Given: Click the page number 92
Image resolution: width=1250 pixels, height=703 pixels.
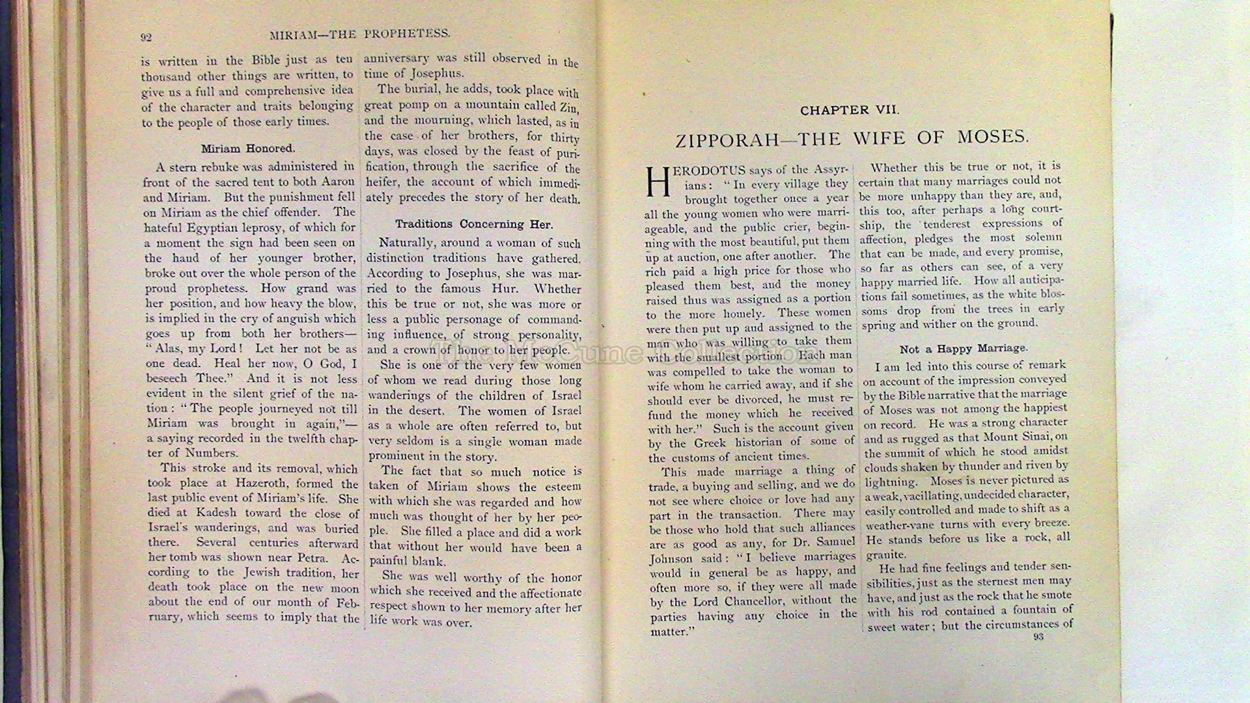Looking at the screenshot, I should pos(146,37).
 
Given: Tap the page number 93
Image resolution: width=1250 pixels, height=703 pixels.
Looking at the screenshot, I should pos(1038,637).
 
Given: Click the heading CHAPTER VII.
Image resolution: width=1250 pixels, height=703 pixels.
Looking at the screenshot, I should pos(850,111).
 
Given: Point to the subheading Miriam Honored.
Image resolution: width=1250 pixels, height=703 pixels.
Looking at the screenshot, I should pos(247,148).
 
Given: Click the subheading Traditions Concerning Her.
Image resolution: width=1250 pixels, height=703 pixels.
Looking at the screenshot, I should pos(473,225).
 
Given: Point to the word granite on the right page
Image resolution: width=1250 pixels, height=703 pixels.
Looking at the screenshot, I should pos(885,555).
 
